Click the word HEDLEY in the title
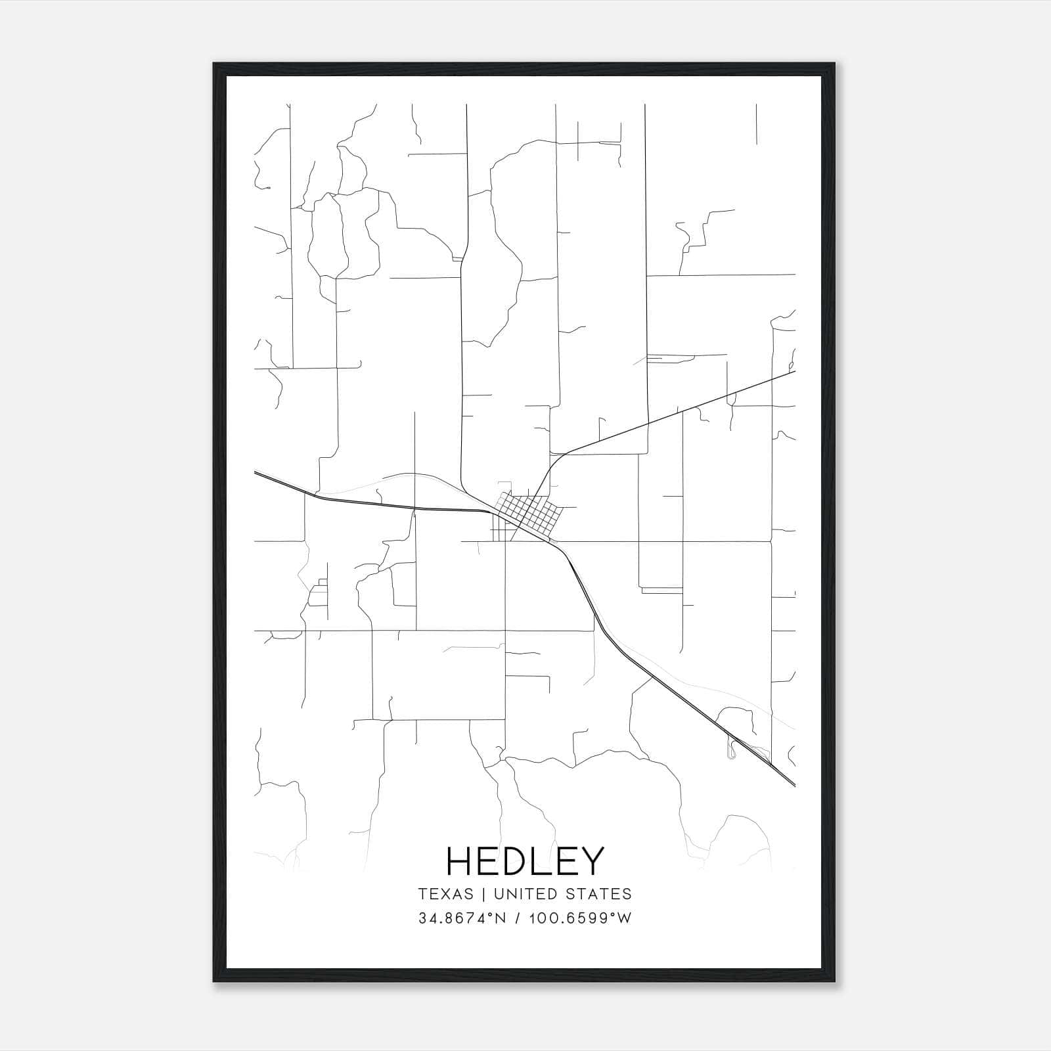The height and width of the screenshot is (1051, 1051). coord(524,861)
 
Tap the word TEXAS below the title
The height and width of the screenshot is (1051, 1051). coord(445,894)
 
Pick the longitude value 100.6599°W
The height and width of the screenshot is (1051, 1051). coord(577,918)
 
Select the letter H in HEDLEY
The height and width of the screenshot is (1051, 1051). coord(457,861)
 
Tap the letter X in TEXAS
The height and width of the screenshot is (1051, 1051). coord(445,894)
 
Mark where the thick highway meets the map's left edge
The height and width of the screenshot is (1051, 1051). coord(255,472)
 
